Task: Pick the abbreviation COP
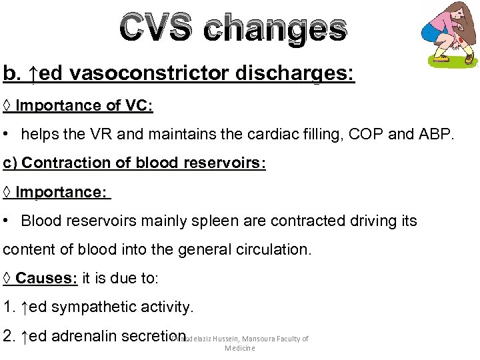379,135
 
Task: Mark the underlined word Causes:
47,278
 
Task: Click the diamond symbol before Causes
7,278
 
